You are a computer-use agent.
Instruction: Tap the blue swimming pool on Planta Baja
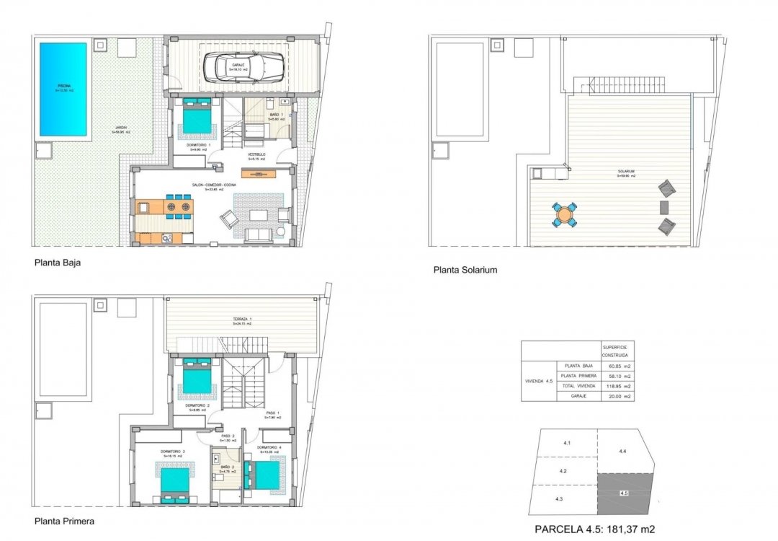point(63,88)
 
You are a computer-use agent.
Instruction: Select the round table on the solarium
point(565,215)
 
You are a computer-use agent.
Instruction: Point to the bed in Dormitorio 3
point(174,482)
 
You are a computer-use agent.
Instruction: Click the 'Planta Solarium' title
point(465,270)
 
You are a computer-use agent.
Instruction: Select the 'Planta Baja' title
point(58,263)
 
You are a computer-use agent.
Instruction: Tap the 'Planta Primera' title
point(64,520)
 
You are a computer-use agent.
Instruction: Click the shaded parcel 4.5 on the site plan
point(625,492)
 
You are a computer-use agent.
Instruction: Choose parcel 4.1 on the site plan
point(566,443)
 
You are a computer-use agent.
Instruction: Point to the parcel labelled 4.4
point(622,451)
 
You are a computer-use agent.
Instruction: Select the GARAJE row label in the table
point(578,397)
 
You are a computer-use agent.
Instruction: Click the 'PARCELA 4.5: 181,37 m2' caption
point(594,529)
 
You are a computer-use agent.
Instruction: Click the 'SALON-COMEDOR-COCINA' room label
point(214,185)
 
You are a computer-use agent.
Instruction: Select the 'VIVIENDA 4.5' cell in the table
point(539,381)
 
